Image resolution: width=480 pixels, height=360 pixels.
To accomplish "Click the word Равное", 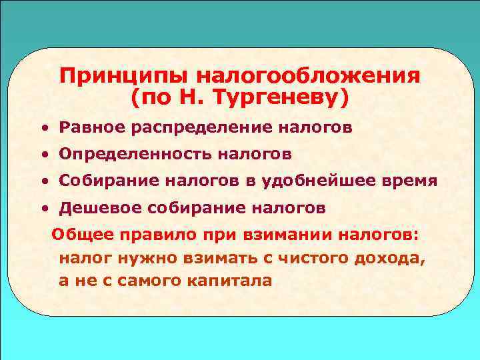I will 88,126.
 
